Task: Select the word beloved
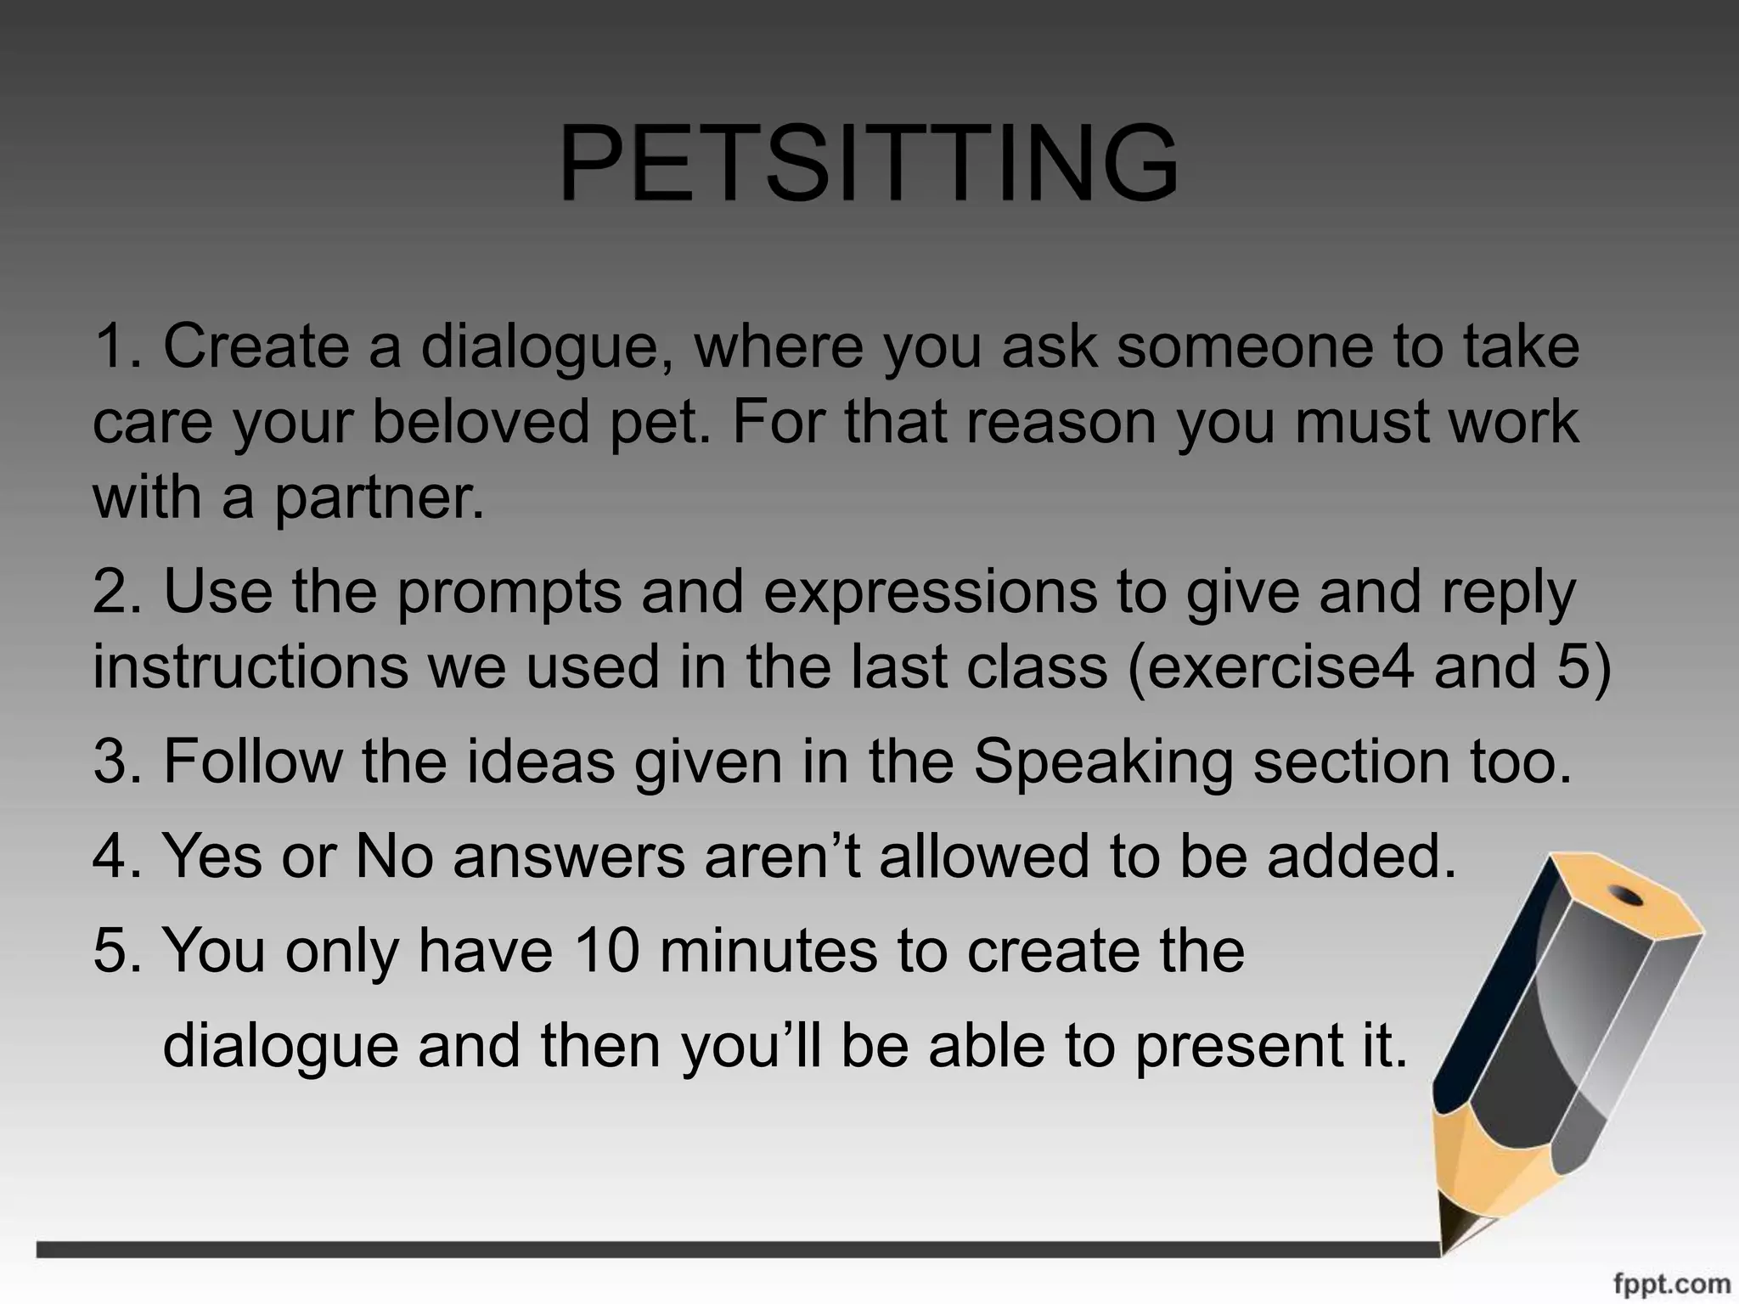pos(481,421)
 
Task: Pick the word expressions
pos(930,591)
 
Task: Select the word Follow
pos(252,761)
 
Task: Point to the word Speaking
pos(1102,761)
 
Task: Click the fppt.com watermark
pos(1671,1284)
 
